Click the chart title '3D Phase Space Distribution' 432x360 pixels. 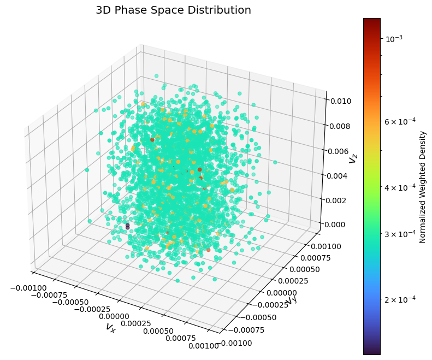point(173,10)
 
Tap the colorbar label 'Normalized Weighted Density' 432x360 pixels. point(422,187)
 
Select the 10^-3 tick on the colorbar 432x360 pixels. point(395,39)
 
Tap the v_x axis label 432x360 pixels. point(111,327)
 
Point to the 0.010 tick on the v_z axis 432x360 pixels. point(342,101)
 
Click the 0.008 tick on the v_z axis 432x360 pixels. point(342,126)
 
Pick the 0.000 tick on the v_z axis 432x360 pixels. point(342,224)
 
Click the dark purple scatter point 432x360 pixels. point(127,225)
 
